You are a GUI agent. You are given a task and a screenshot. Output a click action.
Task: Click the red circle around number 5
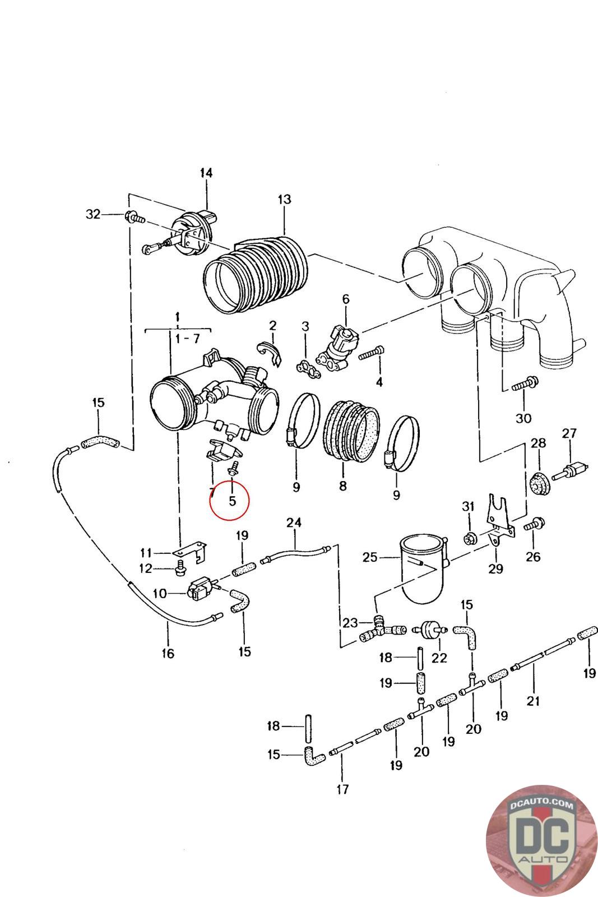coord(230,501)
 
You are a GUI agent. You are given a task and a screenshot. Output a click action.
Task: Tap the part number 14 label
coord(206,173)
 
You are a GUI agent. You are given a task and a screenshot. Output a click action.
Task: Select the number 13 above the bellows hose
coord(284,200)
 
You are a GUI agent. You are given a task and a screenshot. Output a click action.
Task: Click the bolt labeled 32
coord(135,216)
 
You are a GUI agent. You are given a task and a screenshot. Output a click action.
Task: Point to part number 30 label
coord(523,418)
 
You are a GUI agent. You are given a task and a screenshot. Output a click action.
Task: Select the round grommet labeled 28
coord(539,484)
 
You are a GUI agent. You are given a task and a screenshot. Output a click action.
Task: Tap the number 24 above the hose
coord(294,523)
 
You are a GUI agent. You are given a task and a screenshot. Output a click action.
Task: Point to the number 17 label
coord(342,789)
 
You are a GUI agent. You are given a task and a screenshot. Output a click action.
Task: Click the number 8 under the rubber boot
coord(342,486)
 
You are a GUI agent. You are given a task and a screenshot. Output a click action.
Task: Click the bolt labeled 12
coord(180,570)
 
